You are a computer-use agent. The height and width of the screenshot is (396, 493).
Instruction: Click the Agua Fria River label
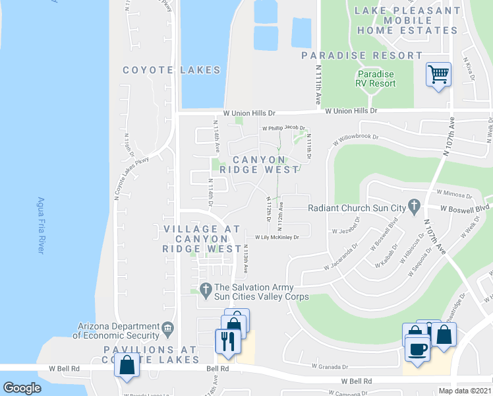click(41, 225)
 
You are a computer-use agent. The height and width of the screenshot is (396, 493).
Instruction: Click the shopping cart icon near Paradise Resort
click(438, 74)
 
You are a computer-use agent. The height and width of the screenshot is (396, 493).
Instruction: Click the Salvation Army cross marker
click(205, 288)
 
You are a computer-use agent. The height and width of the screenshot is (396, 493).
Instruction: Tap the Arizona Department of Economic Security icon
click(168, 327)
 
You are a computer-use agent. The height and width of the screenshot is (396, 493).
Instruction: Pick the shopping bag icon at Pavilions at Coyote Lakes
click(126, 364)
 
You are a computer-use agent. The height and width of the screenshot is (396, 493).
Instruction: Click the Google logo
click(22, 387)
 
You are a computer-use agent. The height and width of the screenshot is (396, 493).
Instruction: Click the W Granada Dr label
click(330, 366)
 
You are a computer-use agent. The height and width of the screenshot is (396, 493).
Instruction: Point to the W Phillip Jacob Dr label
click(284, 128)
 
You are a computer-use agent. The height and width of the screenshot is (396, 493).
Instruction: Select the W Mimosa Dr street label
click(454, 195)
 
